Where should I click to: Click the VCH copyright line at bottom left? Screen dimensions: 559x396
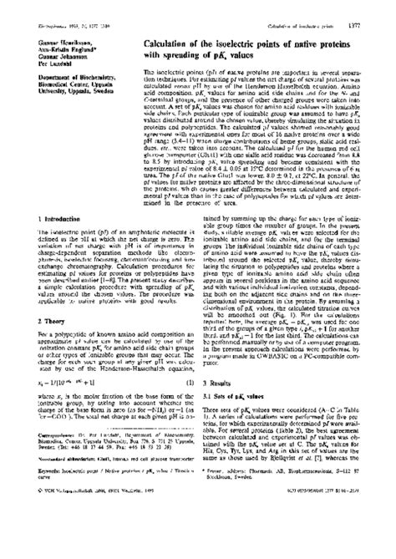pyautogui.click(x=84, y=543)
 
